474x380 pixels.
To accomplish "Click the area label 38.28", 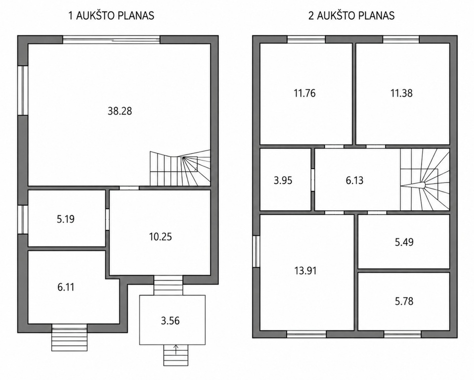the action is tap(120, 111).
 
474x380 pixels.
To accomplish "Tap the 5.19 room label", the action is tap(66, 219).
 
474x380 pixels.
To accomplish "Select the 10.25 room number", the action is tap(160, 237).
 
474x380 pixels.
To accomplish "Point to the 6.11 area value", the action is tap(66, 287).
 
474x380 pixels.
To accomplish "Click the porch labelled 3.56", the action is tap(170, 321).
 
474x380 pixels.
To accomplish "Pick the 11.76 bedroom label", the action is tap(304, 93).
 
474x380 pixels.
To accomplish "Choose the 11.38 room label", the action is tap(401, 93).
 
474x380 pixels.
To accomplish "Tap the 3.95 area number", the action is tap(283, 180).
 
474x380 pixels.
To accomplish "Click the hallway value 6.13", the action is tap(354, 180).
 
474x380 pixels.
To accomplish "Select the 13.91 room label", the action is tap(305, 270).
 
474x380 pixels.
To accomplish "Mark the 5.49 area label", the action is tap(404, 242).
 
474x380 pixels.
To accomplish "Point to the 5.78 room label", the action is tap(404, 301).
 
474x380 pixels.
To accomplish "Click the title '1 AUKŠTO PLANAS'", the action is tap(111, 15).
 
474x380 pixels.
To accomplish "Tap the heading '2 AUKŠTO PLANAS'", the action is tap(351, 15).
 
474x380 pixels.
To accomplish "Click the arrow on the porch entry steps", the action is tap(176, 350).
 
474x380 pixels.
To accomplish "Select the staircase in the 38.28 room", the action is tap(180, 168).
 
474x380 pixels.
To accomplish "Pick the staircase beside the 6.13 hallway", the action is tap(425, 180).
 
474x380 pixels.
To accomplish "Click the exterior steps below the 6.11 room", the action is tap(70, 337).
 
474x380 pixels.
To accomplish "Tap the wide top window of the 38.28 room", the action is tap(111, 40).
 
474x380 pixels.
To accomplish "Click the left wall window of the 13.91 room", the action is tap(257, 251).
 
